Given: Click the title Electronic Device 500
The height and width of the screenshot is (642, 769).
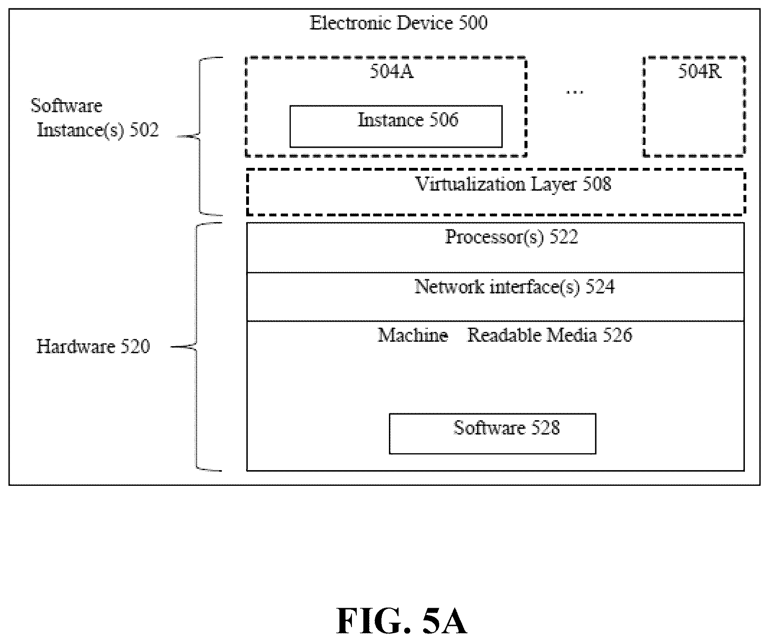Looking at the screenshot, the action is tap(399, 23).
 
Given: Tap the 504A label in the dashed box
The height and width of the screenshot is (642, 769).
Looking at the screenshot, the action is tap(392, 72).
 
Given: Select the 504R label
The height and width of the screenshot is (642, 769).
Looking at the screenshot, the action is tap(699, 72).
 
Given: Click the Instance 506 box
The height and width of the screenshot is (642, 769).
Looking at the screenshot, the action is tap(396, 126).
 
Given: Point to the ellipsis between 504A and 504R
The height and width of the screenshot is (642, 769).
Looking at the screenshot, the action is tap(575, 93).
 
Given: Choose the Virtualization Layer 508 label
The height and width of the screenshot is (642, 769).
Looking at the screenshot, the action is tap(514, 185).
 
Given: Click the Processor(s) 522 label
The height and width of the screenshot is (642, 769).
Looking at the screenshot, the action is tap(512, 237).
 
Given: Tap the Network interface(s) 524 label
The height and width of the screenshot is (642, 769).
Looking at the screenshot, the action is tap(514, 287).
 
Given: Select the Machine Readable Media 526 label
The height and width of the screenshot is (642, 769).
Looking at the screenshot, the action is tap(505, 335).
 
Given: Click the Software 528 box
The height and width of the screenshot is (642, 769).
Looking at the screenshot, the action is tap(492, 434).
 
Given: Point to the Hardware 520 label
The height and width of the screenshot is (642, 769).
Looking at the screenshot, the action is tap(93, 347).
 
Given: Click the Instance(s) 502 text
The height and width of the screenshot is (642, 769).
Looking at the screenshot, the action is tap(98, 130).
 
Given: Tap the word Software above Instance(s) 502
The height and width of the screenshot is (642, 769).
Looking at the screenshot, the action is tap(66, 106).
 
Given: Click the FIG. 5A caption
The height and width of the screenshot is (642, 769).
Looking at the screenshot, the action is tap(401, 621).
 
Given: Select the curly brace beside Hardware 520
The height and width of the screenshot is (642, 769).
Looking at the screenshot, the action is tap(196, 347).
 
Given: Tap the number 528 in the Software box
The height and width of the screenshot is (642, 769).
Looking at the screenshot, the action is tap(545, 428).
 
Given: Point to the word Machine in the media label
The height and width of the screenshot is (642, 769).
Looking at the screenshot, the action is tap(413, 335).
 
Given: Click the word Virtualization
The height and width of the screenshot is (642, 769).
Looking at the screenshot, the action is tap(471, 184).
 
